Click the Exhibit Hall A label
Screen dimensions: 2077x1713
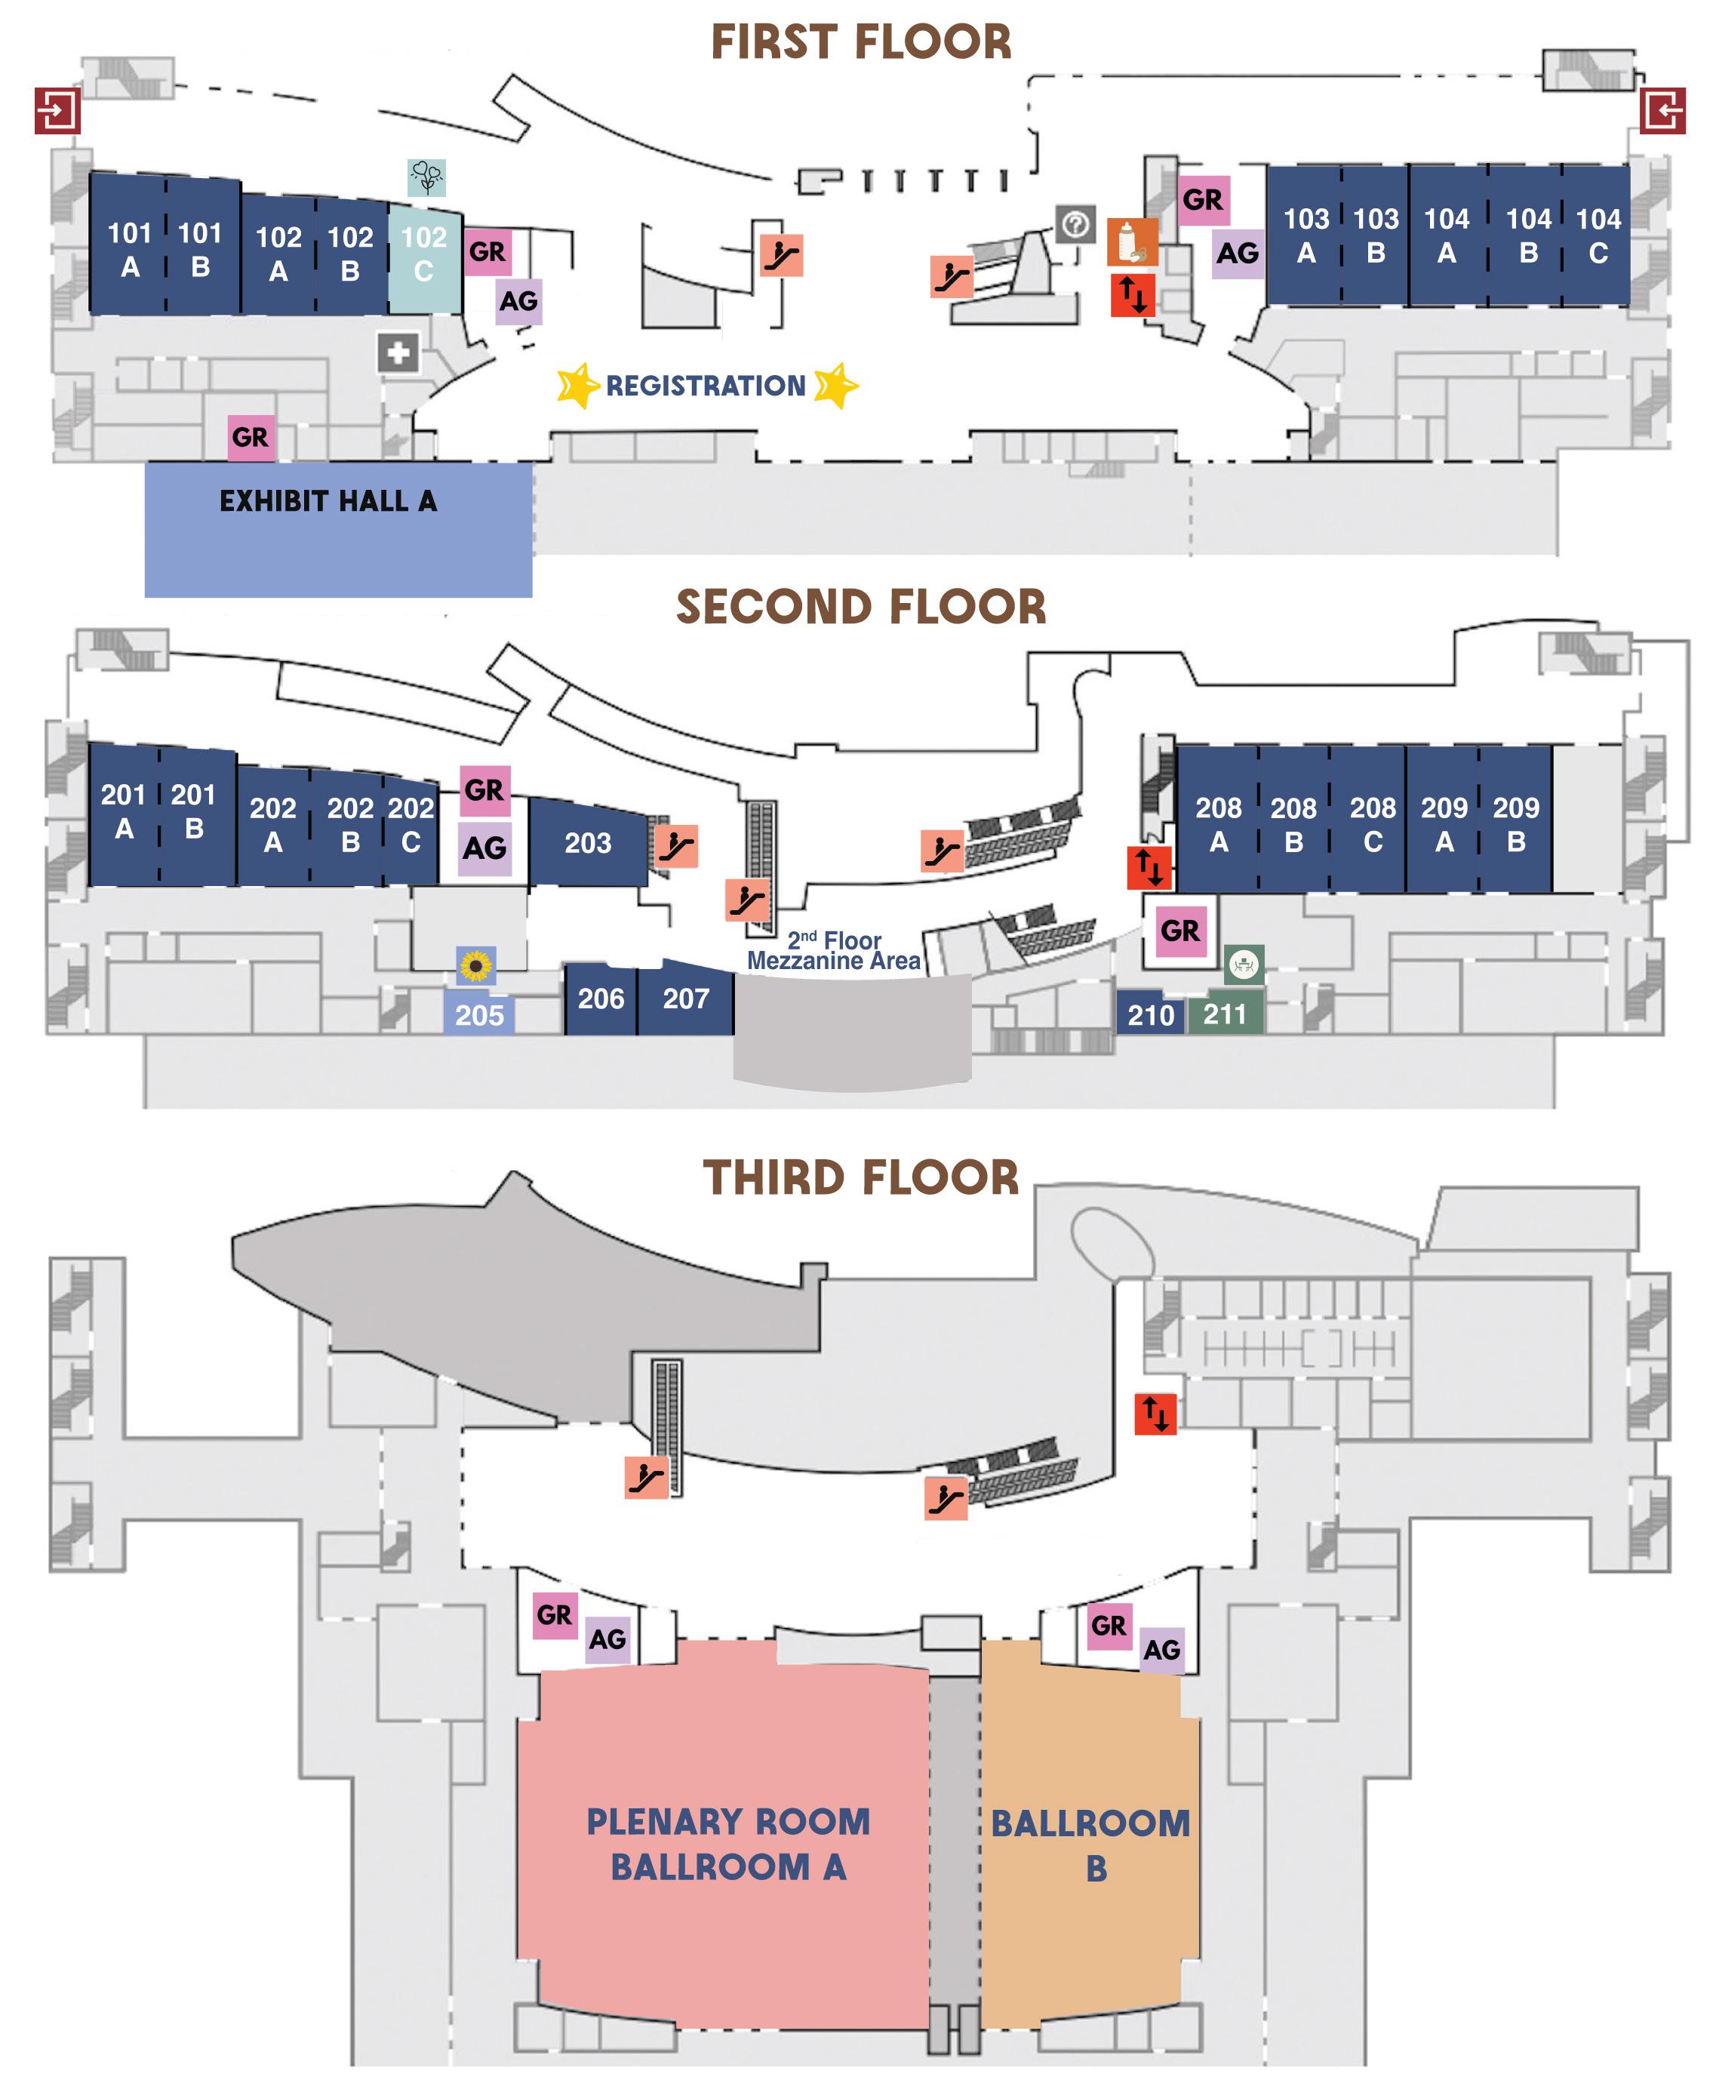328,501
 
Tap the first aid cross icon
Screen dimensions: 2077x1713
398,352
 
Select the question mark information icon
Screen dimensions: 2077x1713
1075,225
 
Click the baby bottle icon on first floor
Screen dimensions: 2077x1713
1131,242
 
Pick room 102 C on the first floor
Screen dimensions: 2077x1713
424,254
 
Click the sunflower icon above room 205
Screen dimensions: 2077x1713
475,965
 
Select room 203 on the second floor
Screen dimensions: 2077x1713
588,842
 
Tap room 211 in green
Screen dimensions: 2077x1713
1225,1014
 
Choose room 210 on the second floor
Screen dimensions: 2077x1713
1151,1014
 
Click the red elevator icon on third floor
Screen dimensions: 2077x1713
1155,1414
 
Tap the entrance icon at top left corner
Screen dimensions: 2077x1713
57,109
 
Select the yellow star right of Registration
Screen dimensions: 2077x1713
837,385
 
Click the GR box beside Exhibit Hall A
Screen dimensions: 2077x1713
250,436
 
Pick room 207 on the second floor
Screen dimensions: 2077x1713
686,998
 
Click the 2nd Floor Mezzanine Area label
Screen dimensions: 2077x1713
834,950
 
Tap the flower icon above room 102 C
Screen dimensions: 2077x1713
426,177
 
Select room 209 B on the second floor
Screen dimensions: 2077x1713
1515,824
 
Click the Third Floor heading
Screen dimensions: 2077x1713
860,1177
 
